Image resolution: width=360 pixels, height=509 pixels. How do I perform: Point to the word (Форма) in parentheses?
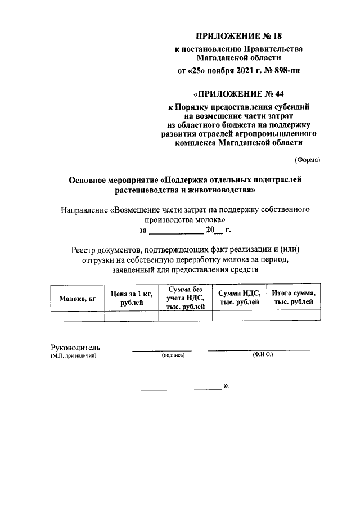pos(307,160)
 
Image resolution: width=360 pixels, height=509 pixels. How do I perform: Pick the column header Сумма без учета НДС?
pos(185,298)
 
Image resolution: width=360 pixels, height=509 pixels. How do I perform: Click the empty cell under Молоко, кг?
pos(78,316)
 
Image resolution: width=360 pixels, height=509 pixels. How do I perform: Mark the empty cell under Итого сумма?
pos(293,316)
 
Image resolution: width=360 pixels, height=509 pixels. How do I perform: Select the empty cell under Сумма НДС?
pos(238,316)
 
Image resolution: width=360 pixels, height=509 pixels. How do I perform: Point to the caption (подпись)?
pos(173,356)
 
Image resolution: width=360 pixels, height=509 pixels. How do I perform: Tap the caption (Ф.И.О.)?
pos(263,355)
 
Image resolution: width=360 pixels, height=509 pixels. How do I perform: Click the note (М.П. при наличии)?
pos(74,356)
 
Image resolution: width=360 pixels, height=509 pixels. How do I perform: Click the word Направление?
pos(84,210)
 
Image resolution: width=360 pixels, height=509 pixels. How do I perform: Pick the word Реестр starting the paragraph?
pos(84,249)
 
